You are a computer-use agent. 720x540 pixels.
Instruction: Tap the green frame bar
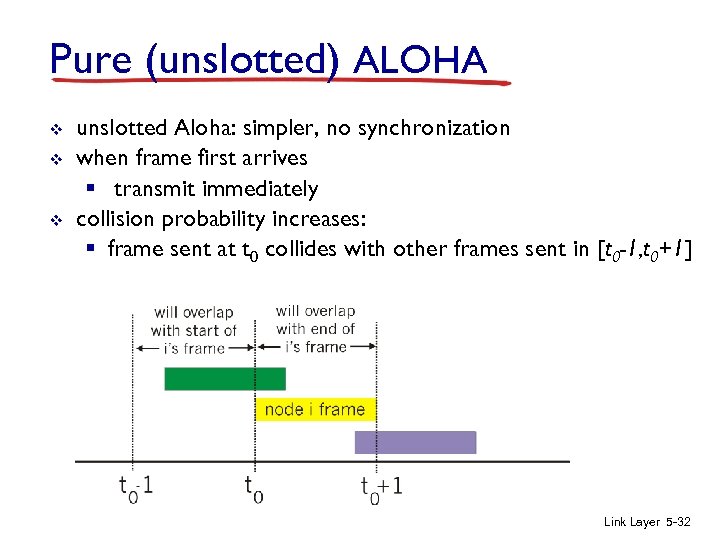(224, 379)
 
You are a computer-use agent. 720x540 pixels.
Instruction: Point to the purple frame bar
(415, 442)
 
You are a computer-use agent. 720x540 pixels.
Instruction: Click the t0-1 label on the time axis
(135, 487)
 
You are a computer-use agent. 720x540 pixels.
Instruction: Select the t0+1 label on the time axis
(382, 487)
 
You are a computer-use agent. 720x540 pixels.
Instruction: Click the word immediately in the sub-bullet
(261, 189)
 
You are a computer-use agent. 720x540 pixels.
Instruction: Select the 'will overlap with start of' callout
(193, 330)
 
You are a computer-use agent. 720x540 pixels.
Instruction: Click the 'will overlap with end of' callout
(315, 329)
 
